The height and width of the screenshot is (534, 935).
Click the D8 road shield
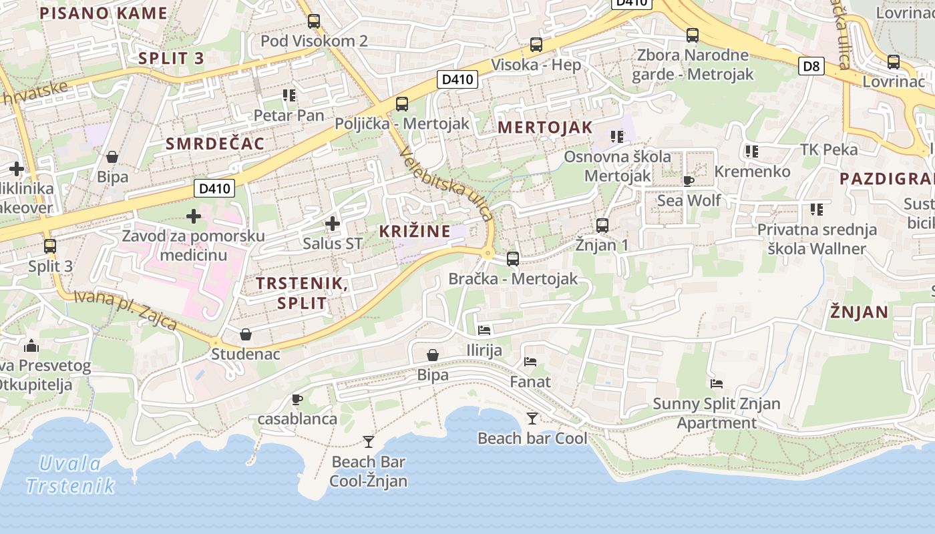(811, 66)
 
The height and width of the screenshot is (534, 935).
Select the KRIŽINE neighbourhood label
(415, 232)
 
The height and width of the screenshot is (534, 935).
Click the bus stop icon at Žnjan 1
(602, 226)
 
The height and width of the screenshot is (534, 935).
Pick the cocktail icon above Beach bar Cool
(532, 419)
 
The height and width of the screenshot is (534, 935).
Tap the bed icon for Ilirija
(484, 330)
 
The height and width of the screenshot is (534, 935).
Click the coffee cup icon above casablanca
(297, 400)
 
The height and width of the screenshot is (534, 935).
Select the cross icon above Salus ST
(332, 224)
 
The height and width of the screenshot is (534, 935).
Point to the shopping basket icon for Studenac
(246, 334)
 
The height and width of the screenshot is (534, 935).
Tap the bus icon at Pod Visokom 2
(314, 21)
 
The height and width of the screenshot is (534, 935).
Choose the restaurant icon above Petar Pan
(289, 95)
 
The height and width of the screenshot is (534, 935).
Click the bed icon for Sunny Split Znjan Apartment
(717, 384)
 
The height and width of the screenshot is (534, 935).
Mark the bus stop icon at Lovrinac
(894, 62)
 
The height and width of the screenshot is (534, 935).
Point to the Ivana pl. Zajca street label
(125, 310)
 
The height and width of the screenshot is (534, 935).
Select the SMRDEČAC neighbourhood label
(215, 144)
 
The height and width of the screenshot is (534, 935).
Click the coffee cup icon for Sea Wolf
(689, 181)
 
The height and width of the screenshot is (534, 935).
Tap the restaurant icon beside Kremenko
(752, 152)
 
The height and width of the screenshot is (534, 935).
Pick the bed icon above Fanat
(530, 362)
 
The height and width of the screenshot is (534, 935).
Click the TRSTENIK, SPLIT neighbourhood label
(302, 293)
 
